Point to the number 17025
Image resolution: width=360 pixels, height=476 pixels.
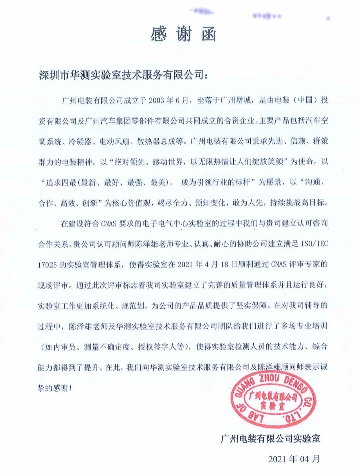(x=49, y=265)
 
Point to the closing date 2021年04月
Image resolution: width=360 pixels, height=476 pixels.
(x=294, y=459)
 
